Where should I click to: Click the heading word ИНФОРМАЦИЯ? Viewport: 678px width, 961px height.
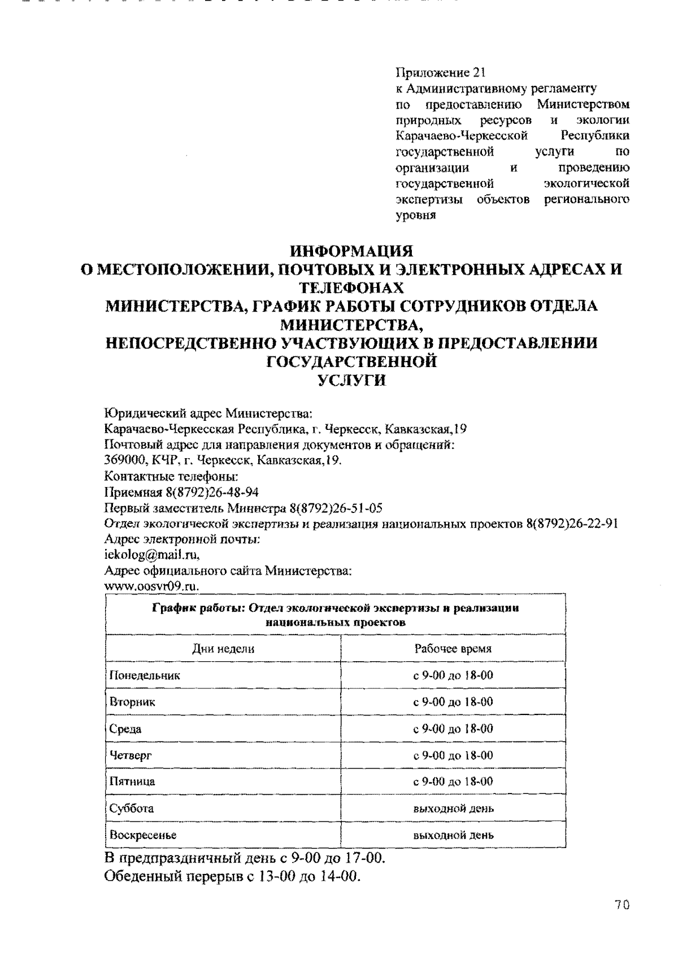[351, 251]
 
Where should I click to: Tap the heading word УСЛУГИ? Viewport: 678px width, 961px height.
[351, 381]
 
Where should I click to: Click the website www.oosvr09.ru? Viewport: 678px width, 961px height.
[152, 587]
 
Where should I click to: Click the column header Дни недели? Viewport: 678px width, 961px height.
[223, 649]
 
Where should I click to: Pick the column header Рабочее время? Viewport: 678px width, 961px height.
[453, 649]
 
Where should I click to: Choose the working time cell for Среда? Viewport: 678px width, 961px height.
[453, 729]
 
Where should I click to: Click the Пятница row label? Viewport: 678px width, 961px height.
[132, 782]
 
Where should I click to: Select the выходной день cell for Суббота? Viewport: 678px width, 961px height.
[453, 808]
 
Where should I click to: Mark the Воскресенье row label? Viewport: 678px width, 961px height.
[143, 835]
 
